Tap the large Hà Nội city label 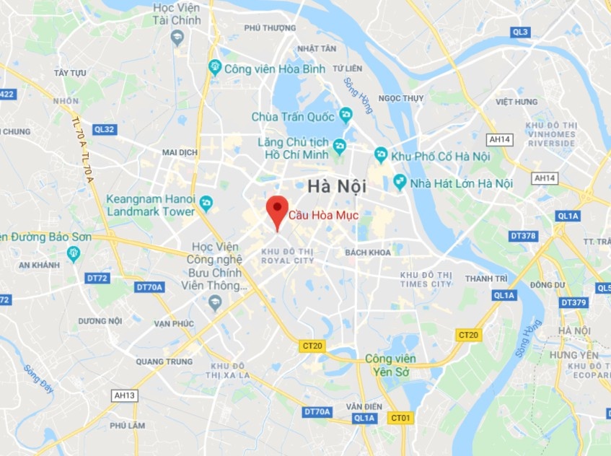337,185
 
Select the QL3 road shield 520,32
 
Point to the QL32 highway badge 104,129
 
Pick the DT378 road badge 522,236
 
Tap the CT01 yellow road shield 400,418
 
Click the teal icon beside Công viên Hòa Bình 214,68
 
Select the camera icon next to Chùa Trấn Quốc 346,115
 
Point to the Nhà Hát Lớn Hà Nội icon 400,183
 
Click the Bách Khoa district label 367,253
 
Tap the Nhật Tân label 317,48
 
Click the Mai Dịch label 180,153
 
